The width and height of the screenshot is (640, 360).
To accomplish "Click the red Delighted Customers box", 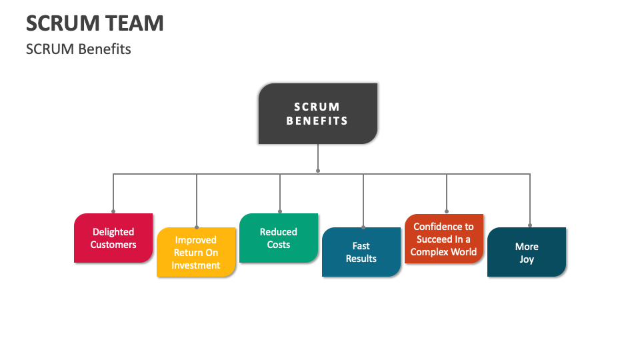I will coord(113,238).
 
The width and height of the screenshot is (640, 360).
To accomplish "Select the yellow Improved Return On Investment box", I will coord(196,252).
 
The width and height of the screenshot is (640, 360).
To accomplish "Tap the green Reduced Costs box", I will coord(279,238).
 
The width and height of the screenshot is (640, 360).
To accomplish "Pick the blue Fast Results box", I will coord(361,252).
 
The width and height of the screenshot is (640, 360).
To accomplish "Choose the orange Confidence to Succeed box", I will coord(444,239).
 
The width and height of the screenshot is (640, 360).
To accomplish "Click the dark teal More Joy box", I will coord(527,252).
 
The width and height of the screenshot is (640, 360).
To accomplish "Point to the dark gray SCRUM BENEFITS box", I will coord(318,113).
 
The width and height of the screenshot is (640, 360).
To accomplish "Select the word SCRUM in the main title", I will coord(61,23).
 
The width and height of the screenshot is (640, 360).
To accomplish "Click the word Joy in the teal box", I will coord(527,259).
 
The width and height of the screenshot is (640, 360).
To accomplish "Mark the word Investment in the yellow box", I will coord(196,265).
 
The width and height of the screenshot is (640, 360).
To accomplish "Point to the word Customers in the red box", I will coord(113,245).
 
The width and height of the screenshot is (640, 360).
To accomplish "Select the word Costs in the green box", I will coord(279,245).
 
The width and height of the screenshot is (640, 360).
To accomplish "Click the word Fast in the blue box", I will coord(361,246).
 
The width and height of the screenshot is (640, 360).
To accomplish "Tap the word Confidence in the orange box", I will coord(443,227).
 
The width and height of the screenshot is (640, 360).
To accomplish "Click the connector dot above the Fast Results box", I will coord(363,226).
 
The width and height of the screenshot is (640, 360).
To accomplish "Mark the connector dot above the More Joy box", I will coord(530,225).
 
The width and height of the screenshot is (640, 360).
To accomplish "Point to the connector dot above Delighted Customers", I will coord(113,211).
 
